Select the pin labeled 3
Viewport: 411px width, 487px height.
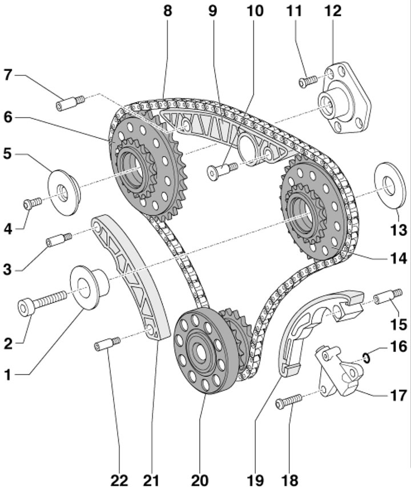59,239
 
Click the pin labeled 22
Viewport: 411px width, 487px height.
106,344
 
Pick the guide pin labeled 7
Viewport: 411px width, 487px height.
70,103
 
